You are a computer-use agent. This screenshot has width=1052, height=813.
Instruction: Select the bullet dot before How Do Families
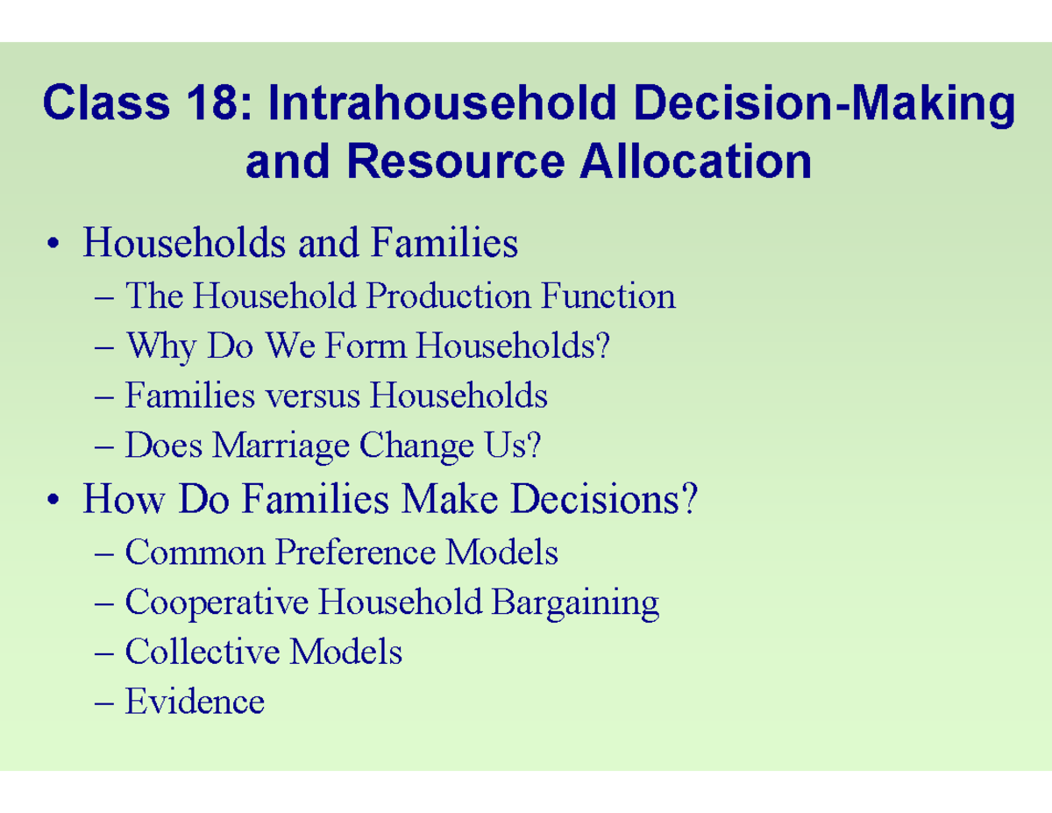(55, 501)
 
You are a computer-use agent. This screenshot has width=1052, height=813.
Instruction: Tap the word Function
(608, 296)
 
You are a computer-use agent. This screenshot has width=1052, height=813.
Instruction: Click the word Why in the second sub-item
(160, 347)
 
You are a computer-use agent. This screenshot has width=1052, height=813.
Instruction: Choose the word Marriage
(280, 447)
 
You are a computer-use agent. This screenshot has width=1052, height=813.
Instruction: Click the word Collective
(203, 652)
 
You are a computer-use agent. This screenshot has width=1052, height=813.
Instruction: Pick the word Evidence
(195, 702)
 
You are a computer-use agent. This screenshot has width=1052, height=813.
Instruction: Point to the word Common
(195, 553)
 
